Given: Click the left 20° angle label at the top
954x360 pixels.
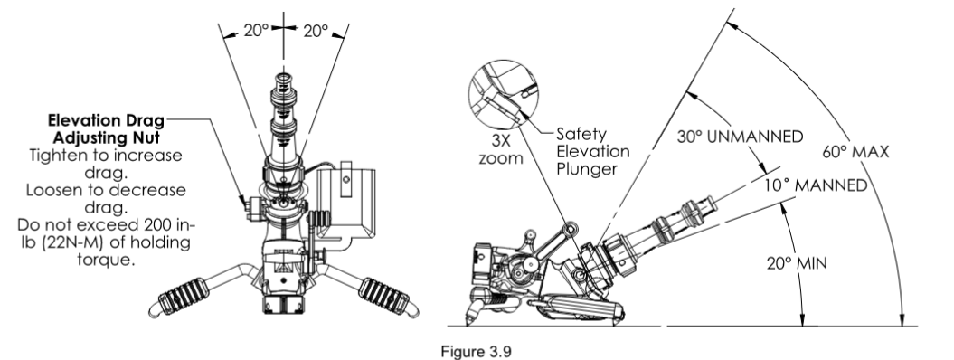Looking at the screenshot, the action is (256, 30).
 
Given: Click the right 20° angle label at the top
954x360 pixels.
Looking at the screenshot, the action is (316, 31).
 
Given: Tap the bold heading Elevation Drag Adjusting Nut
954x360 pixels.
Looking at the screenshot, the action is (106, 128).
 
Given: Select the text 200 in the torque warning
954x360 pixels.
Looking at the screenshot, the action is (167, 225).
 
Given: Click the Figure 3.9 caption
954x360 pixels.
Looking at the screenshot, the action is (477, 352).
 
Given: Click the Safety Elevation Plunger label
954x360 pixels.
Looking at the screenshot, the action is (593, 151).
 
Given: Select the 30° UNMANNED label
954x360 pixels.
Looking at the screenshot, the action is (740, 137).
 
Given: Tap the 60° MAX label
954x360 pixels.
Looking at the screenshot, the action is (855, 151).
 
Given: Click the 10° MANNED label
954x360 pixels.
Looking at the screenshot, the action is (816, 185).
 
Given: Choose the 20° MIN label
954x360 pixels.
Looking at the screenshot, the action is (797, 263).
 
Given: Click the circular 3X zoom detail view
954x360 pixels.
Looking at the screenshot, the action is (503, 94).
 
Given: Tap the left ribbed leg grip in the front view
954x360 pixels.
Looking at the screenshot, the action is (184, 296).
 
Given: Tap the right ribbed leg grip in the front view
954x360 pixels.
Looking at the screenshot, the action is (384, 296).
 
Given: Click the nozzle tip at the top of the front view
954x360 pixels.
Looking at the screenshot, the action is (284, 79).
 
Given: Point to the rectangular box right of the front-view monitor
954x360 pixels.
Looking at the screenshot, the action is (345, 203).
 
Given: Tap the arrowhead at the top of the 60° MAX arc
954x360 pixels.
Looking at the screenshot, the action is (732, 27).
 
